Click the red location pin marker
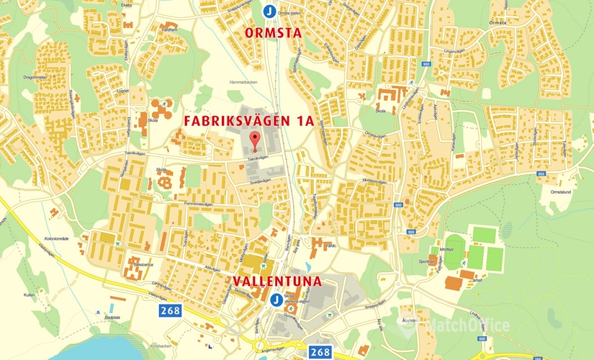click(253, 140)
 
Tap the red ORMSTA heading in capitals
click(273, 33)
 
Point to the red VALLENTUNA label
click(276, 280)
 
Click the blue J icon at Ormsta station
click(269, 11)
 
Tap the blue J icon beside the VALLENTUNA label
click(275, 300)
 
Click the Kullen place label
click(29, 294)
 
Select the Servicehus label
click(142, 265)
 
